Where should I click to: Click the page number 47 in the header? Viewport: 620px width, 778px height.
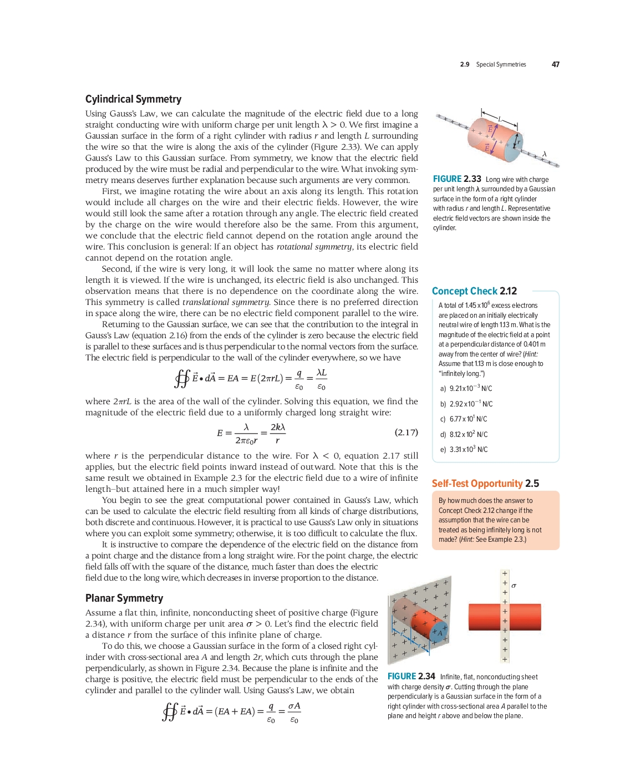(x=555, y=64)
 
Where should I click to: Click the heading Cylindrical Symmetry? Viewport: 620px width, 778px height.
(x=133, y=99)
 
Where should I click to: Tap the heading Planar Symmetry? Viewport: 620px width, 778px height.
(x=124, y=598)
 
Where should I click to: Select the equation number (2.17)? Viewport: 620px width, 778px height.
(x=406, y=432)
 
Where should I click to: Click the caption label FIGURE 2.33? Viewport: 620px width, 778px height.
(x=457, y=179)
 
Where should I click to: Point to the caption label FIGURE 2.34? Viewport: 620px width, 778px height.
(x=411, y=677)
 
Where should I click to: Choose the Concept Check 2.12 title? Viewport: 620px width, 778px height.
(x=474, y=291)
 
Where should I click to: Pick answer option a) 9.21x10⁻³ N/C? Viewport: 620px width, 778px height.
(x=466, y=389)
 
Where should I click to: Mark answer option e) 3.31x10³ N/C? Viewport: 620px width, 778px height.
(x=464, y=450)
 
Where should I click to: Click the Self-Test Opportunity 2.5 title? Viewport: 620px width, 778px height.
(x=485, y=484)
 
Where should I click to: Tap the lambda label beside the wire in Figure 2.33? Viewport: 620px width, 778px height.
(x=545, y=154)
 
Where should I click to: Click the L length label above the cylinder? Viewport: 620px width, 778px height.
(x=499, y=119)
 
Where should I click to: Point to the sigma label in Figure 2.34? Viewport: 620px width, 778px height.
(x=514, y=586)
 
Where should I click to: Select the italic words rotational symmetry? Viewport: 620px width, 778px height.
(x=314, y=247)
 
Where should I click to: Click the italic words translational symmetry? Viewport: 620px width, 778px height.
(x=226, y=302)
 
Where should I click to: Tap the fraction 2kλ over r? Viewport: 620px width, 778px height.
(x=277, y=433)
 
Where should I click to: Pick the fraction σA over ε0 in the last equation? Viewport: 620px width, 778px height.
(x=294, y=713)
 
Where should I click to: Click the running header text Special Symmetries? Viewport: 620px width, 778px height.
(x=501, y=64)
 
